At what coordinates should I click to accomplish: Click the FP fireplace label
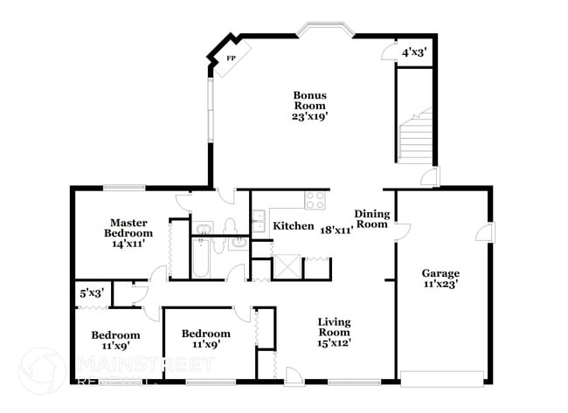[x=232, y=59]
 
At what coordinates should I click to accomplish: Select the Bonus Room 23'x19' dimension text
[x=309, y=114]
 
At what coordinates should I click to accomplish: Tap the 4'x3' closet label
[x=413, y=52]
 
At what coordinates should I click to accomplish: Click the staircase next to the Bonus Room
[x=416, y=134]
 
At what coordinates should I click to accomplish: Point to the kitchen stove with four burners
[x=315, y=201]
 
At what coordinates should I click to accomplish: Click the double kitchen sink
[x=260, y=221]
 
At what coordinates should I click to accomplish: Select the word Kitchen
[x=294, y=226]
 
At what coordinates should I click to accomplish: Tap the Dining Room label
[x=371, y=219]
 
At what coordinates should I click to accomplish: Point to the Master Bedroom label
[x=128, y=228]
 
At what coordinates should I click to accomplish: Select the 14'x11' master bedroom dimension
[x=128, y=244]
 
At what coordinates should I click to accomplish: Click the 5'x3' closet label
[x=92, y=294]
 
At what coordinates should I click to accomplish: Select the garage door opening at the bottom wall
[x=441, y=379]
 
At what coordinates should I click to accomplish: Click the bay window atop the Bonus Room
[x=325, y=31]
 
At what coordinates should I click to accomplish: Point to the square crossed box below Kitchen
[x=287, y=267]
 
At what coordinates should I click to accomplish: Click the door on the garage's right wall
[x=481, y=233]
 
